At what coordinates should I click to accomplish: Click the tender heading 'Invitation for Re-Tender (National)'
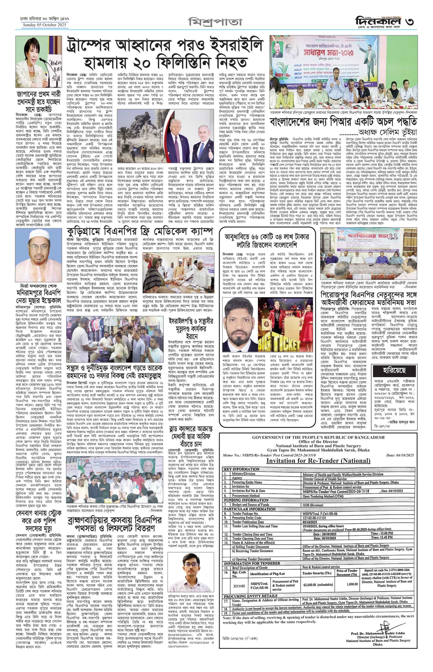tap(318, 460)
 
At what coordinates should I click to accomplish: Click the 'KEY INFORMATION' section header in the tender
tap(242, 469)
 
